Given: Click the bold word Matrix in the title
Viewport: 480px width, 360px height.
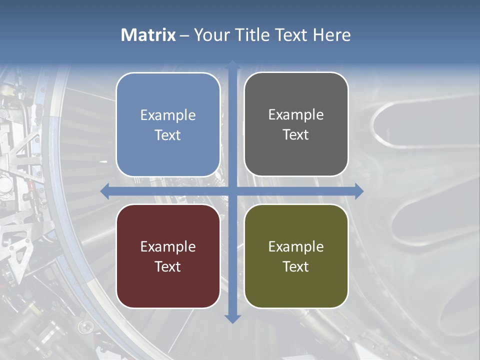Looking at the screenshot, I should pos(148,35).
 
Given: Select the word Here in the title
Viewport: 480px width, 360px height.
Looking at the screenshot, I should pos(331,35).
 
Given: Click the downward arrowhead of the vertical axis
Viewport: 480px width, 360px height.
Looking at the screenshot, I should pos(232,318).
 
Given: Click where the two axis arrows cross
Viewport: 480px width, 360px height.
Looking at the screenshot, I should pos(232,191).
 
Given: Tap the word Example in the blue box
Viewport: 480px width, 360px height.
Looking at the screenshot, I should pos(168,115).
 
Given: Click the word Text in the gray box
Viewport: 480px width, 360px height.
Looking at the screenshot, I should pos(296,134).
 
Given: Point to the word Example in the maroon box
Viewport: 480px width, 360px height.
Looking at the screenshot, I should pos(168,246).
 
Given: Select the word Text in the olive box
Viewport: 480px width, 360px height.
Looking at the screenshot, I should pos(296,266).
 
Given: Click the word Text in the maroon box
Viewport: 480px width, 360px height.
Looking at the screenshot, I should pos(168,266).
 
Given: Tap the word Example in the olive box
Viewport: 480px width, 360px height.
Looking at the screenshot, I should pos(296,246).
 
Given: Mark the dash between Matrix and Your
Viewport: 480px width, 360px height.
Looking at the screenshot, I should pos(184,35).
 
